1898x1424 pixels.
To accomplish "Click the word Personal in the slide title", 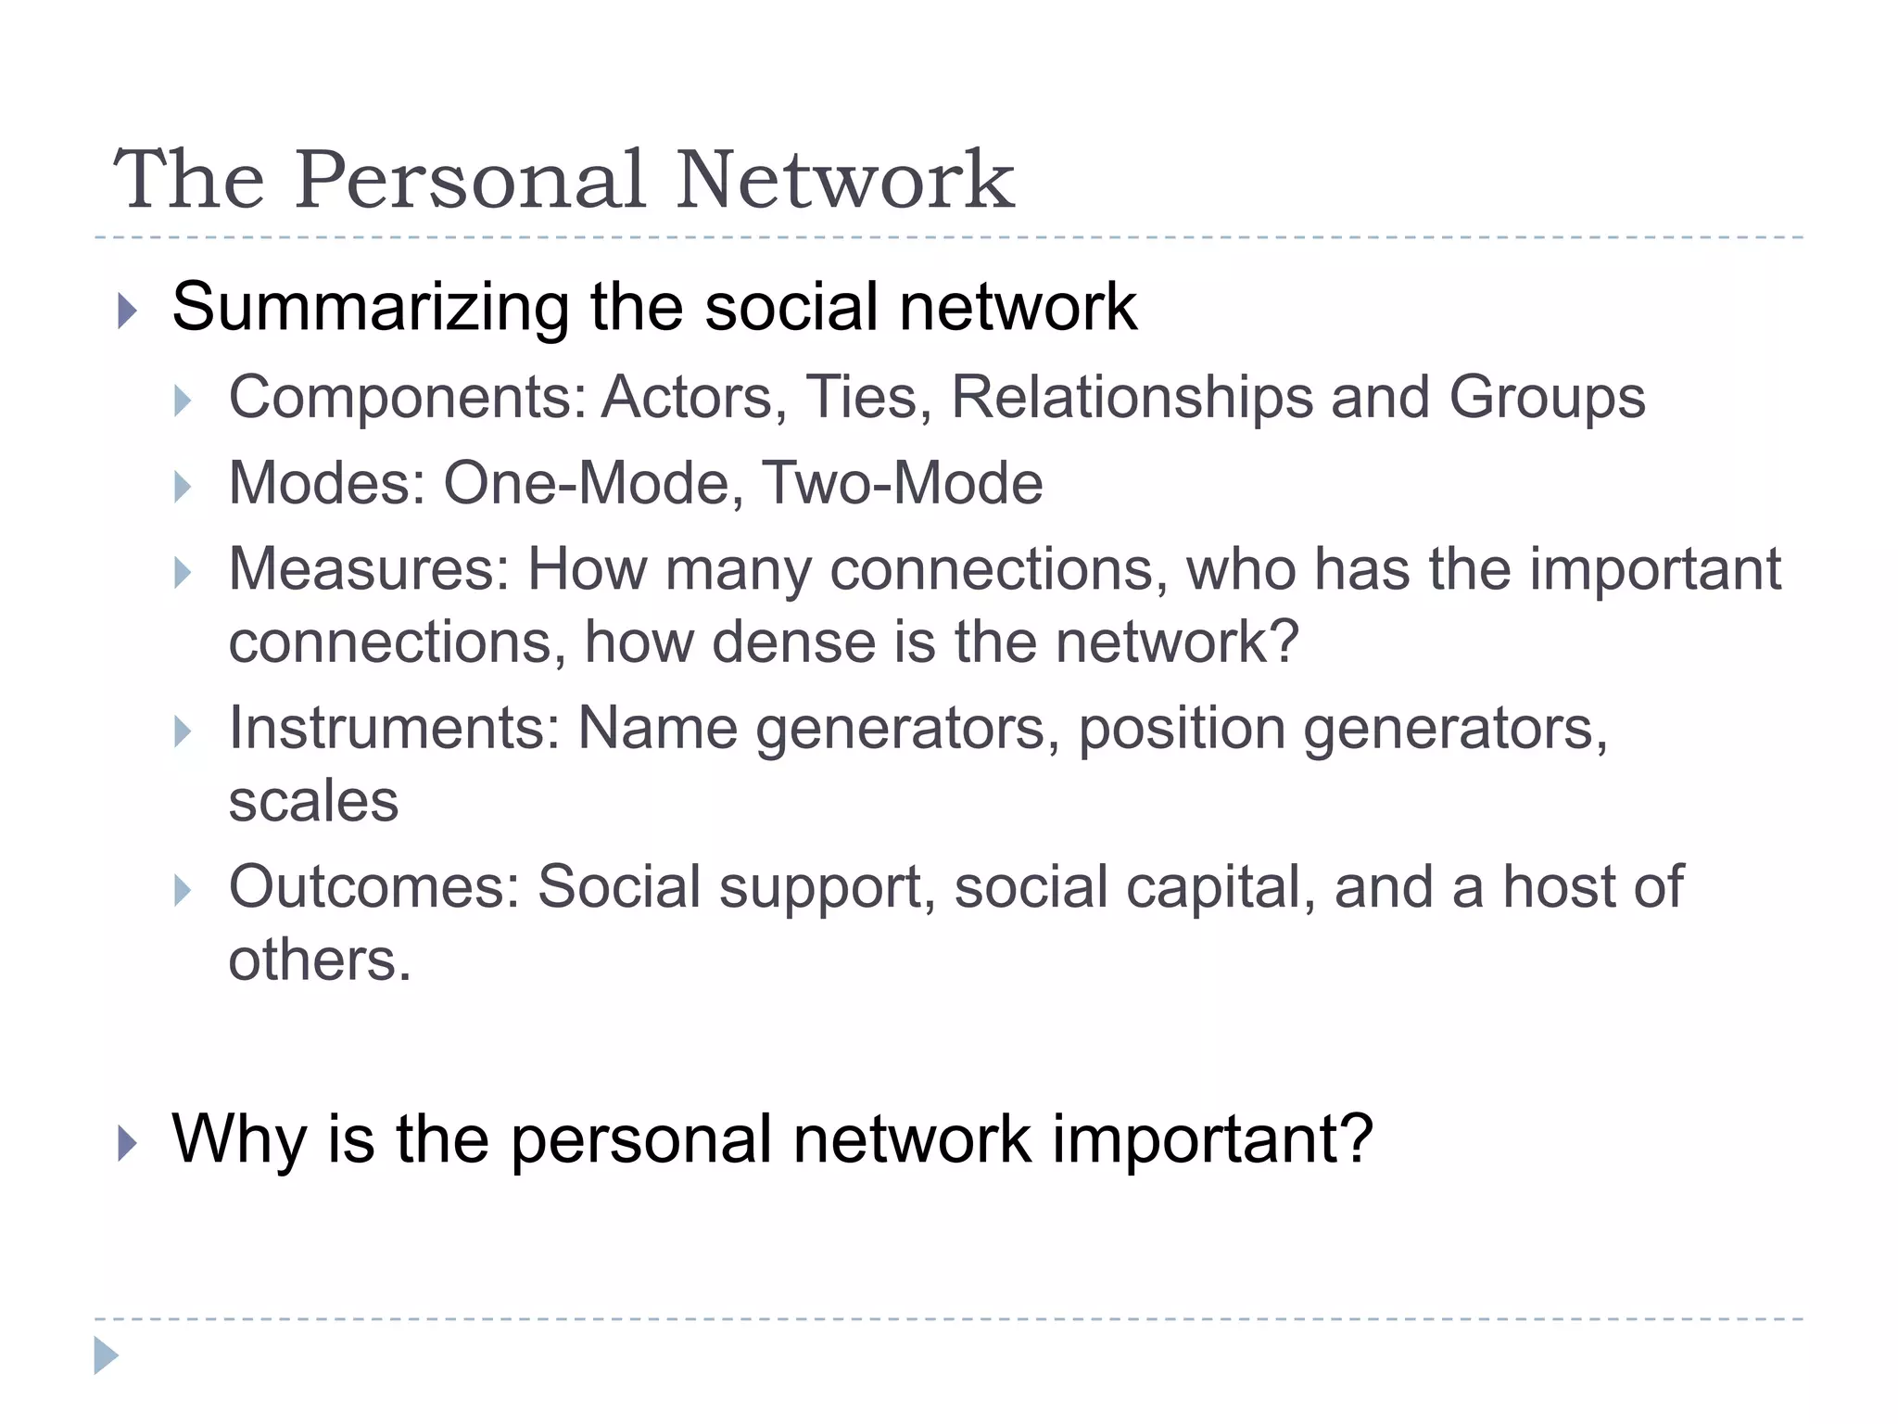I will (x=471, y=180).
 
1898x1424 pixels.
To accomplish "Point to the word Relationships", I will (x=1132, y=398).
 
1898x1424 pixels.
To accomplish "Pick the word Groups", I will (x=1547, y=400).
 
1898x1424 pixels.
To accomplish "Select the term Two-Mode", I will (x=902, y=484).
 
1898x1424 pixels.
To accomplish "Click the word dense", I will (x=793, y=642).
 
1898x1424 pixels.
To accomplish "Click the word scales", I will (x=313, y=801).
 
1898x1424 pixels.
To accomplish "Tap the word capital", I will (x=1221, y=888).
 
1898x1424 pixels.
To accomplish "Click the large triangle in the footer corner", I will (x=106, y=1355).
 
